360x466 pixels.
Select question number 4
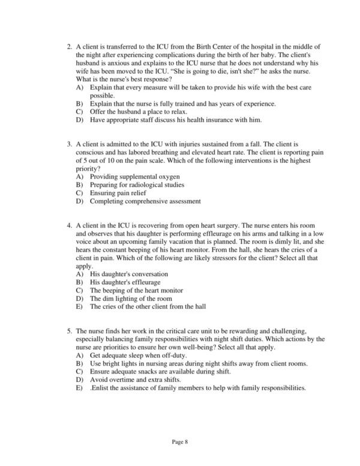coord(70,226)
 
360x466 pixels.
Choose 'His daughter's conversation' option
coord(128,274)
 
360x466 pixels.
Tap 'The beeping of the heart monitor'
coord(137,290)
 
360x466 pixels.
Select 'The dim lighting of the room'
coord(131,298)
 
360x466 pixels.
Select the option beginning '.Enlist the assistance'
coord(197,387)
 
